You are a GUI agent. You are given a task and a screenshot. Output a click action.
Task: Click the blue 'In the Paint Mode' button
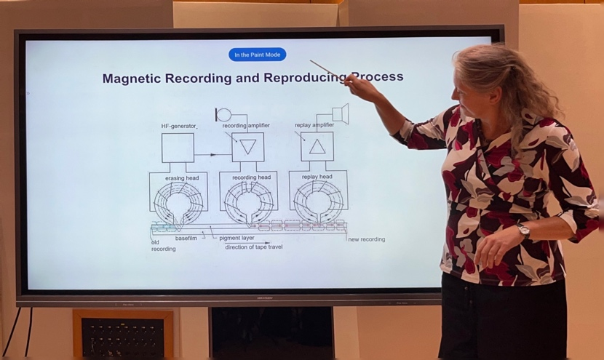(x=258, y=55)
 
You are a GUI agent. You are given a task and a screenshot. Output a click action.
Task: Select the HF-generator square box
(x=178, y=147)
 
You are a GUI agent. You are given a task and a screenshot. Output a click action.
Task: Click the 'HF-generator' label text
(x=179, y=126)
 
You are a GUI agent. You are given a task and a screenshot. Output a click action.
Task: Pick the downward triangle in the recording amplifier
(x=247, y=147)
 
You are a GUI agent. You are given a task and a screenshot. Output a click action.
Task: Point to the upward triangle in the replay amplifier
(x=317, y=146)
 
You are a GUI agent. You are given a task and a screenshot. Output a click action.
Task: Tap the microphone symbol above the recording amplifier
(x=223, y=115)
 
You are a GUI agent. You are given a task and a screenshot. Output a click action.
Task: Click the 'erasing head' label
(x=181, y=177)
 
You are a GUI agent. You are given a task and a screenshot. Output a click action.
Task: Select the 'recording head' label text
(x=251, y=177)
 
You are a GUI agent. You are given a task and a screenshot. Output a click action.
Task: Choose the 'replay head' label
(x=317, y=177)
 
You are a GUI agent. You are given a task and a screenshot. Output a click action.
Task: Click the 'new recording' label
(x=367, y=239)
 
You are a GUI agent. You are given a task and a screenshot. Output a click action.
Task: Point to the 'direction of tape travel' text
(x=253, y=247)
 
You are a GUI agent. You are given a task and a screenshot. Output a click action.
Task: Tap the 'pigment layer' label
(x=237, y=238)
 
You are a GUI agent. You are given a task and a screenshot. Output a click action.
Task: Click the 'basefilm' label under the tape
(x=186, y=238)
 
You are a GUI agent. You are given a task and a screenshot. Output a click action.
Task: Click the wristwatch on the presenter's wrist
(x=523, y=231)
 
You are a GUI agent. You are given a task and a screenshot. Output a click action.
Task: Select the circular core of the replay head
(x=318, y=201)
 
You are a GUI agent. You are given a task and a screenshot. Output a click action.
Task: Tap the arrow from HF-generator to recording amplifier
(x=212, y=154)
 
